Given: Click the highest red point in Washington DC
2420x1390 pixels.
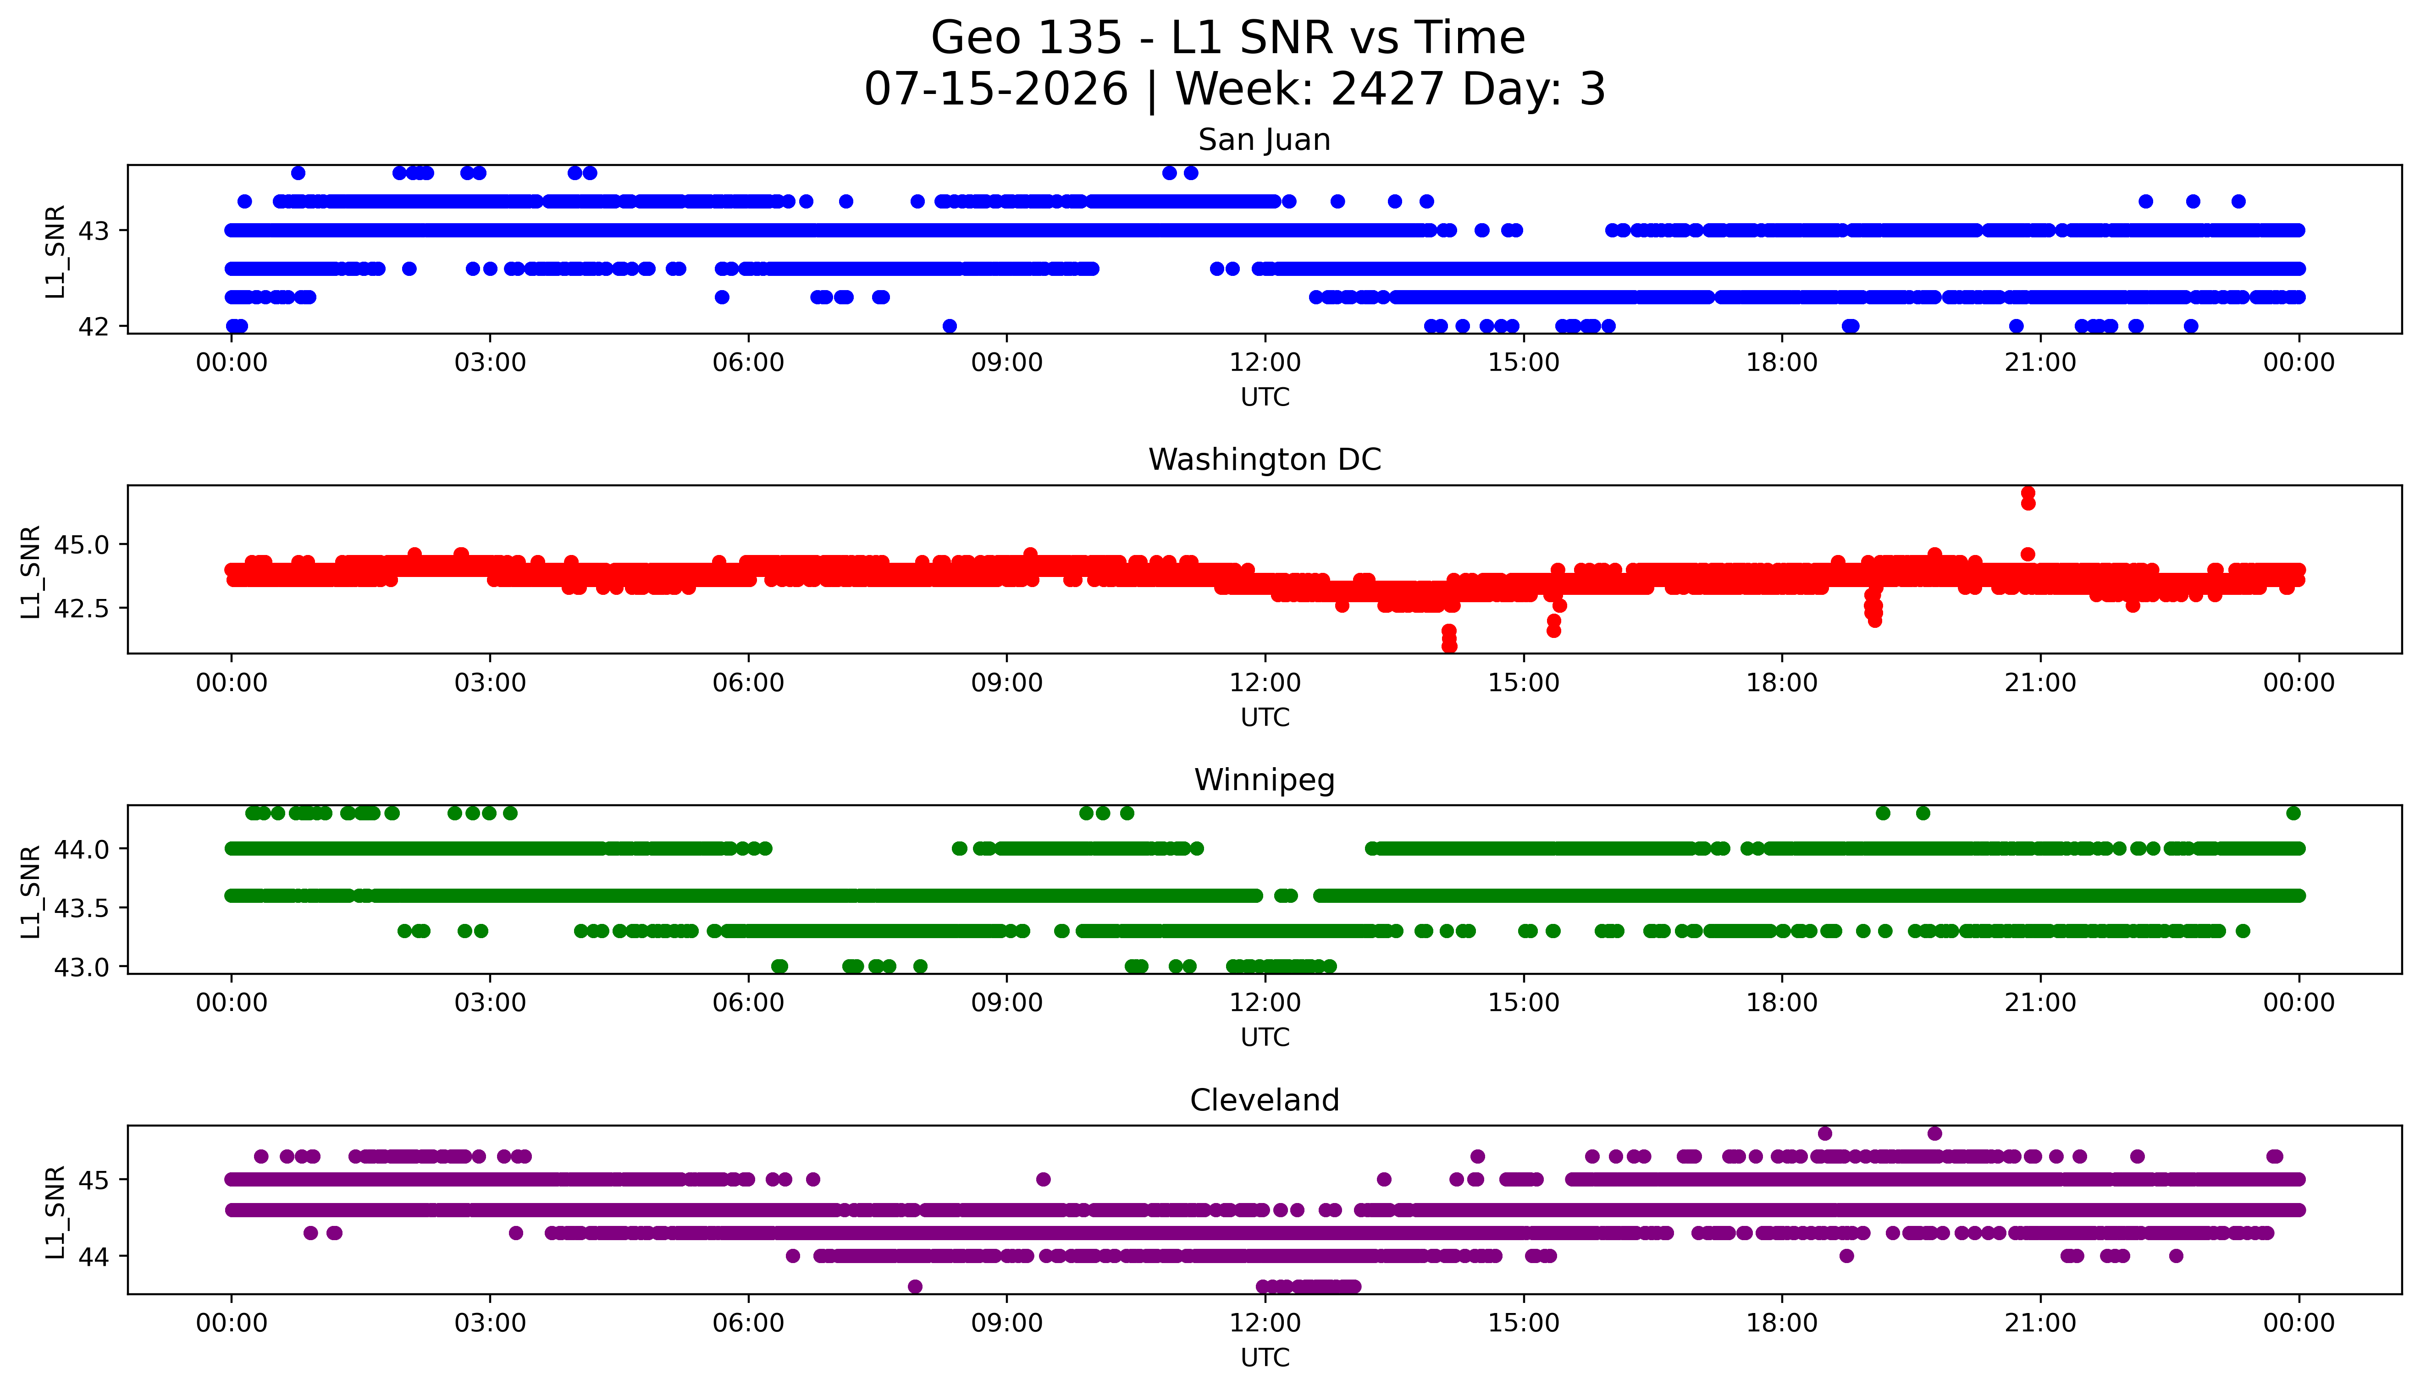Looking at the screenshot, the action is point(2028,493).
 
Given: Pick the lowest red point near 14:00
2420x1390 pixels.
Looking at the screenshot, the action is point(1449,646).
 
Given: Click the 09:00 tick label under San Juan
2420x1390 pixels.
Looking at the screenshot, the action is point(1006,363).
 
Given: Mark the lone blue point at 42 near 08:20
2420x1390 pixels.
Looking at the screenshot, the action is point(949,325).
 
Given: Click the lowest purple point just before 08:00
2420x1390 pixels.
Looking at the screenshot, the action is point(915,1286).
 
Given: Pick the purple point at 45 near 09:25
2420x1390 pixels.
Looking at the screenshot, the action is point(1043,1179).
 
